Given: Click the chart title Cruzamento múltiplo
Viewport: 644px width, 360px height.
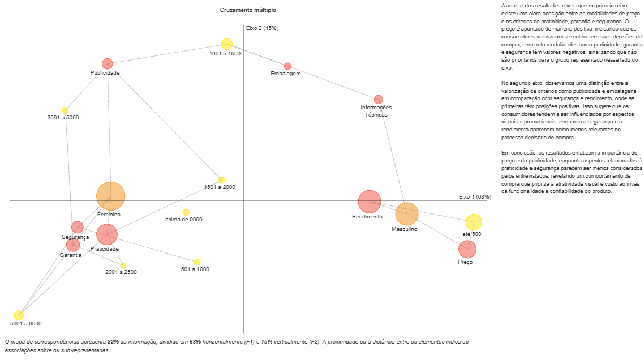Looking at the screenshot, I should (x=248, y=10).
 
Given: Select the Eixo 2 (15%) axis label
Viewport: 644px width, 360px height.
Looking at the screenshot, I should (x=262, y=28).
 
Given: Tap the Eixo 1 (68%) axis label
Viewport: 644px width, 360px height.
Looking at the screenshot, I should (x=475, y=196).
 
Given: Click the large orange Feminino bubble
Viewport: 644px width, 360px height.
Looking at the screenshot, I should (x=110, y=196).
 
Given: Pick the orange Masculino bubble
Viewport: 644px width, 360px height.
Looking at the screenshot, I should (x=406, y=213).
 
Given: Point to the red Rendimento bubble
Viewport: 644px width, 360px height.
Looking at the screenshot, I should (x=370, y=201).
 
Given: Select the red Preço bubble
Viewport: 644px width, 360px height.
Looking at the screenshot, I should (x=467, y=249).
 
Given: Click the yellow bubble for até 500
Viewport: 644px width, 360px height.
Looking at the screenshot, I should (x=474, y=222).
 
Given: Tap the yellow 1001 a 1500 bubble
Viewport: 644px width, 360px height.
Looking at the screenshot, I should (x=227, y=44).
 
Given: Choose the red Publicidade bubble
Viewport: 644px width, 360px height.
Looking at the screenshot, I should (x=108, y=64).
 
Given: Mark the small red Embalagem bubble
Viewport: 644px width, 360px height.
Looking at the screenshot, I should (x=287, y=66).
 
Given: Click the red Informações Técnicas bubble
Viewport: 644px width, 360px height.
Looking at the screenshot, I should (x=379, y=100).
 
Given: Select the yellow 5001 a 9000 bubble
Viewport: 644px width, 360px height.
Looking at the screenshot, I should (x=19, y=315).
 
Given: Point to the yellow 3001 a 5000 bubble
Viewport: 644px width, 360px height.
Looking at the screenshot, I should (x=65, y=110).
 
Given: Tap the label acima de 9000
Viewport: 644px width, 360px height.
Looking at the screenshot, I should (x=183, y=220).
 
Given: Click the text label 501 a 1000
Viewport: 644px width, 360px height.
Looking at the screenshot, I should (x=195, y=269).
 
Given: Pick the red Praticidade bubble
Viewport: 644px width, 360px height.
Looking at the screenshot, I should (x=106, y=234).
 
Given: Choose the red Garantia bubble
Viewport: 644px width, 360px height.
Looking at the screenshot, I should (x=73, y=245).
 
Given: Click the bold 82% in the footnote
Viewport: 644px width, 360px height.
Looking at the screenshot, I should (x=113, y=342).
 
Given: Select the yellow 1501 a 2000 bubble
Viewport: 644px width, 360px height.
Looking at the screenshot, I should (x=221, y=180).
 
